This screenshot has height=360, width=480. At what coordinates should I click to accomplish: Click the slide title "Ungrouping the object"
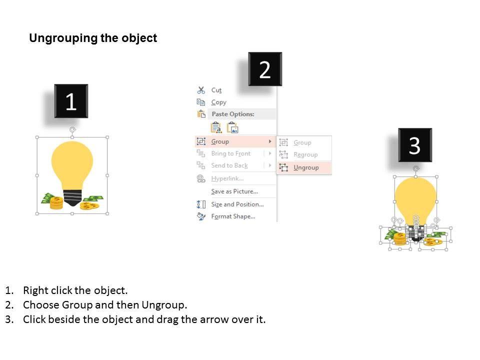[93, 38]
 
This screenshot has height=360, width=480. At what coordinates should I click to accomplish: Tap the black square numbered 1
[71, 101]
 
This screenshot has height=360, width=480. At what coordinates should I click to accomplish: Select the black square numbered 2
[265, 69]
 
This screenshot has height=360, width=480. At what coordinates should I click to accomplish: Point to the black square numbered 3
[415, 145]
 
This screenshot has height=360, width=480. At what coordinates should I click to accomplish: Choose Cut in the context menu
[216, 90]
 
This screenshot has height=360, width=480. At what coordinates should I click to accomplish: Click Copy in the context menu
[218, 102]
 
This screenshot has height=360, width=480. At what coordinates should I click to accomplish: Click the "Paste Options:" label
[233, 114]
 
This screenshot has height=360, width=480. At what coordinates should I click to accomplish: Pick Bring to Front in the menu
[231, 153]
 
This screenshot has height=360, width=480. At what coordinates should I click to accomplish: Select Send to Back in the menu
[229, 165]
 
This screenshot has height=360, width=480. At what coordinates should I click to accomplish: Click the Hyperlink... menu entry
[227, 178]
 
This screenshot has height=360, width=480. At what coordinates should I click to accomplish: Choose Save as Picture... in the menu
[234, 191]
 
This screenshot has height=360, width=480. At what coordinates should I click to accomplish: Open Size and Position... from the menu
[237, 204]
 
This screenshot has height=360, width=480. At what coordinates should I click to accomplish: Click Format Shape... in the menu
[233, 216]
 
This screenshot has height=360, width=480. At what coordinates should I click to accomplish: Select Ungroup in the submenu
[306, 168]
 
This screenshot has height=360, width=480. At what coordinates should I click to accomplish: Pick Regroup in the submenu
[305, 154]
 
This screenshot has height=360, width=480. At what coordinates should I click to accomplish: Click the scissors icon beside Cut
[201, 90]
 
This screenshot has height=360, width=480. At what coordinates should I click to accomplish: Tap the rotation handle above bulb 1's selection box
[72, 130]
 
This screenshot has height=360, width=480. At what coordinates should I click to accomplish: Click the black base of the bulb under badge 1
[72, 198]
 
